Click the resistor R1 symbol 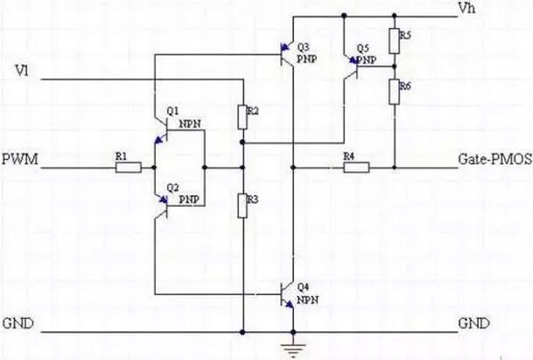point(128,166)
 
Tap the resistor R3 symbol point(242,205)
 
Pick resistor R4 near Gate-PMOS point(350,166)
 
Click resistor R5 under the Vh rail point(395,41)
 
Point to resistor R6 point(395,88)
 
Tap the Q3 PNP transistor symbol point(284,54)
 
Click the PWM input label point(18,161)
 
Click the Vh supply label point(466,8)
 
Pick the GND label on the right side point(473,323)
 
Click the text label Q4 point(303,286)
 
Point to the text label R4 point(348,155)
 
